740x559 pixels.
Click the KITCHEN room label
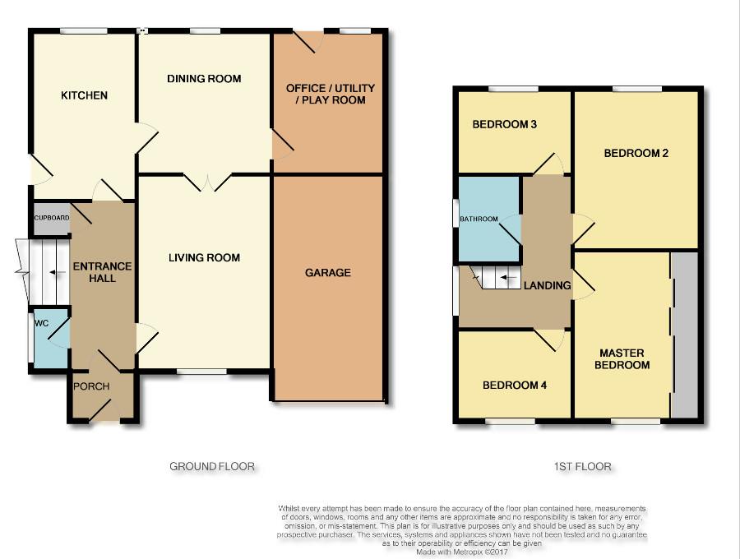tap(84, 95)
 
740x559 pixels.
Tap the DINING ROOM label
tap(204, 79)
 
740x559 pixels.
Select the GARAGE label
tap(327, 273)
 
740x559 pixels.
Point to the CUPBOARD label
tap(52, 218)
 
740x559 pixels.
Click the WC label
tap(42, 324)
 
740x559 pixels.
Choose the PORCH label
tap(91, 386)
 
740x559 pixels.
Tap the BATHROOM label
tap(479, 219)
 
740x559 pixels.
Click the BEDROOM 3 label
tap(505, 124)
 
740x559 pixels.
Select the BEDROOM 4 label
tap(515, 386)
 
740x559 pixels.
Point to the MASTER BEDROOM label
tap(622, 359)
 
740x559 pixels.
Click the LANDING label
tap(548, 285)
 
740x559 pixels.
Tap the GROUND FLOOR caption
tap(212, 467)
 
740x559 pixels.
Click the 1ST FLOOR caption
tap(582, 467)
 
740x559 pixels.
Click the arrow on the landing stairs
tap(507, 277)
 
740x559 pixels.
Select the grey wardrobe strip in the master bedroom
tap(684, 335)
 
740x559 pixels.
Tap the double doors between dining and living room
tap(208, 182)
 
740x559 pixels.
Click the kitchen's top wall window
tap(84, 31)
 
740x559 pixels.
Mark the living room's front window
tap(202, 372)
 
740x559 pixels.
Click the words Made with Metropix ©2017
tap(461, 552)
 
